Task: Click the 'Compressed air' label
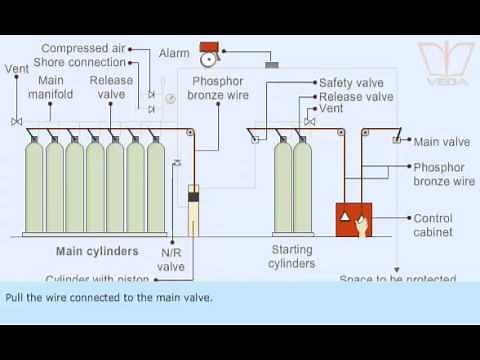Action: click(x=84, y=48)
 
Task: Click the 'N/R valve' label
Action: click(x=171, y=260)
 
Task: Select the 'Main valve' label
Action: click(x=440, y=142)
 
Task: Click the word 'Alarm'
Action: click(x=174, y=51)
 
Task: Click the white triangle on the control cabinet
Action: click(x=343, y=217)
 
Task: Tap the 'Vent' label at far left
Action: click(x=14, y=69)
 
